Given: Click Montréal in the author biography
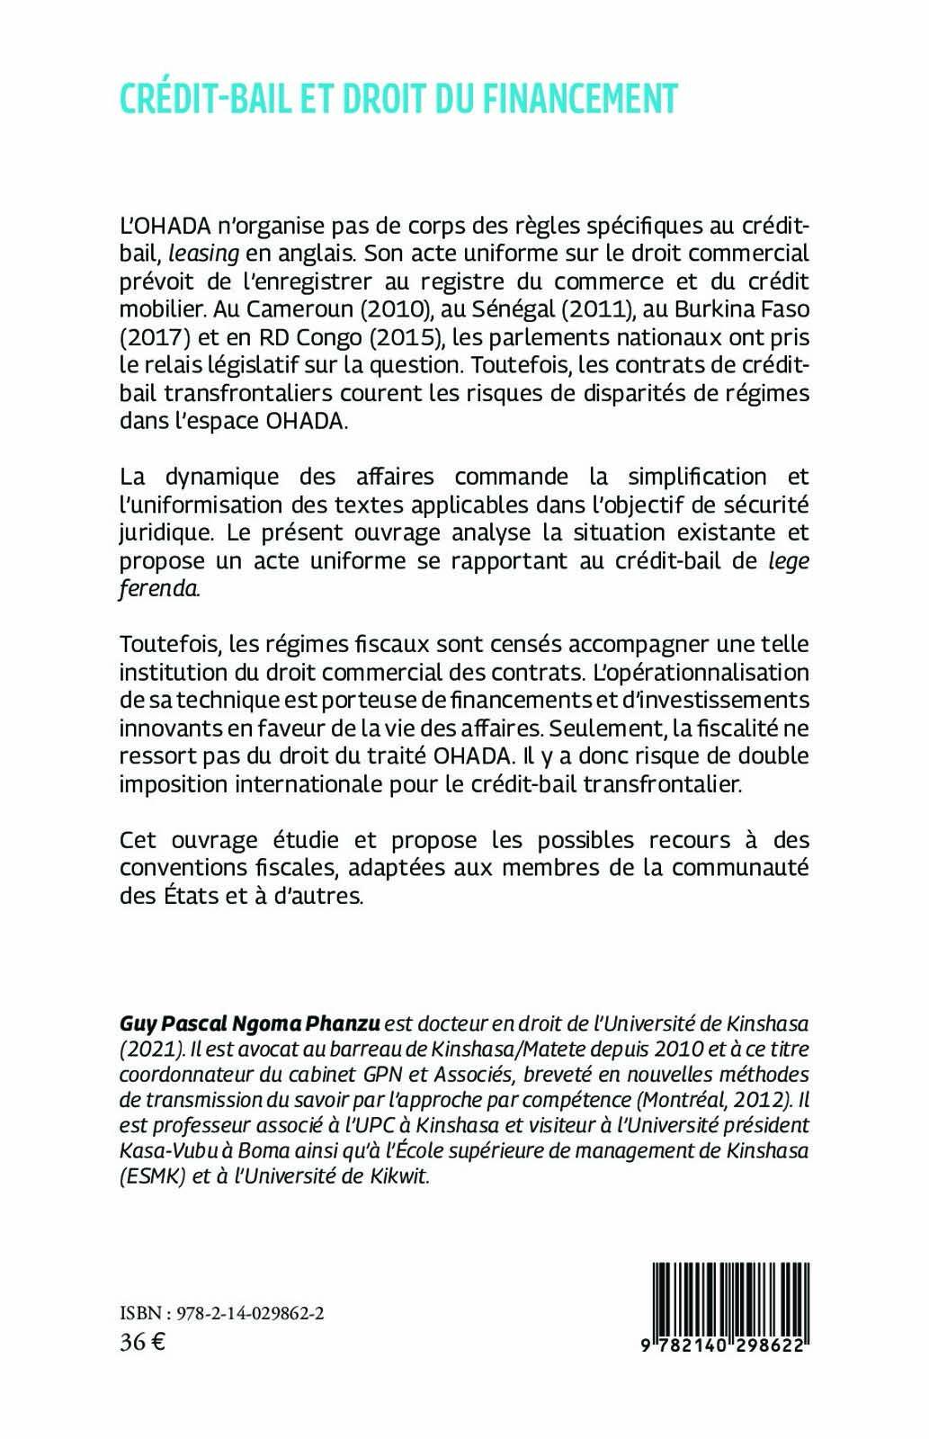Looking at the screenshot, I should click(x=676, y=1100).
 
